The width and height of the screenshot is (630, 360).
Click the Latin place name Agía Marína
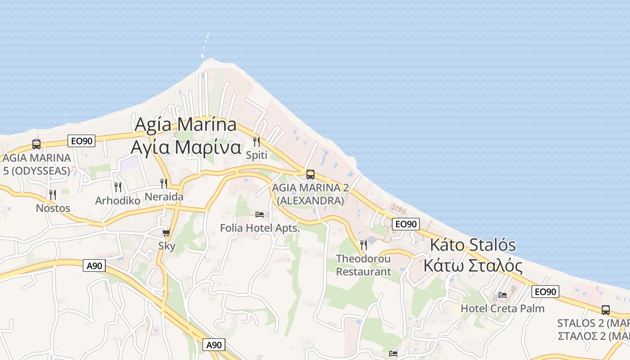tap(185, 124)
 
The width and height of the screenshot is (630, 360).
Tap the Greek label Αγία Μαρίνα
tap(185, 147)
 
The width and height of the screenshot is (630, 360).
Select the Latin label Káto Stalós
tap(473, 245)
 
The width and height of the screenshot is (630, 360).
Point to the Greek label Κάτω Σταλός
tap(473, 265)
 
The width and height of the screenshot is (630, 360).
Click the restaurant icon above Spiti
tap(256, 142)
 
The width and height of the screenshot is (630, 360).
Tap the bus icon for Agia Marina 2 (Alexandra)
tap(310, 175)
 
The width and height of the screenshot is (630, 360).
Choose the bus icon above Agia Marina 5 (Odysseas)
tap(36, 144)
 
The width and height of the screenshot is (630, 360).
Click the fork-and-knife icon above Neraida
tap(164, 184)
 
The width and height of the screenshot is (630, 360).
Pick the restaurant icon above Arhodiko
tap(118, 187)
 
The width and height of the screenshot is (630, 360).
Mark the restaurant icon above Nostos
tap(53, 195)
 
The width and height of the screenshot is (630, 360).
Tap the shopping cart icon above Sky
tap(166, 233)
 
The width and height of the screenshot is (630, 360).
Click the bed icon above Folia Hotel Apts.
tap(260, 215)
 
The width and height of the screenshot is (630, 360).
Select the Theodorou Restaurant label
tap(364, 265)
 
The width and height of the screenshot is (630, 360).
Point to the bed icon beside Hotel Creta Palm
tap(503, 295)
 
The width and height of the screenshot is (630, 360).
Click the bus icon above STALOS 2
tap(606, 310)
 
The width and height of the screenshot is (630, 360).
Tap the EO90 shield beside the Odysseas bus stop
tap(81, 141)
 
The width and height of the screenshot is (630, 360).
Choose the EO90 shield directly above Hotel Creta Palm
tap(545, 292)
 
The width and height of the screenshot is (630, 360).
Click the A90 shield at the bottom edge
tap(214, 345)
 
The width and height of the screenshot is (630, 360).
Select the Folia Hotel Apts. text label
tap(260, 228)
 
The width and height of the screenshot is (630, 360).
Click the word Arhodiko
tap(118, 201)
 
